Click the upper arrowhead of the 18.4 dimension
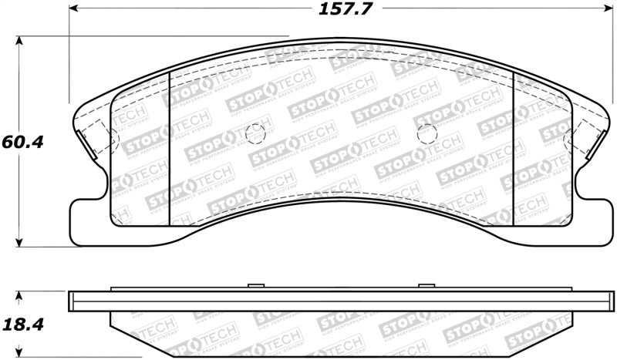pos(21,295)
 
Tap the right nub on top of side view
pos(424,286)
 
